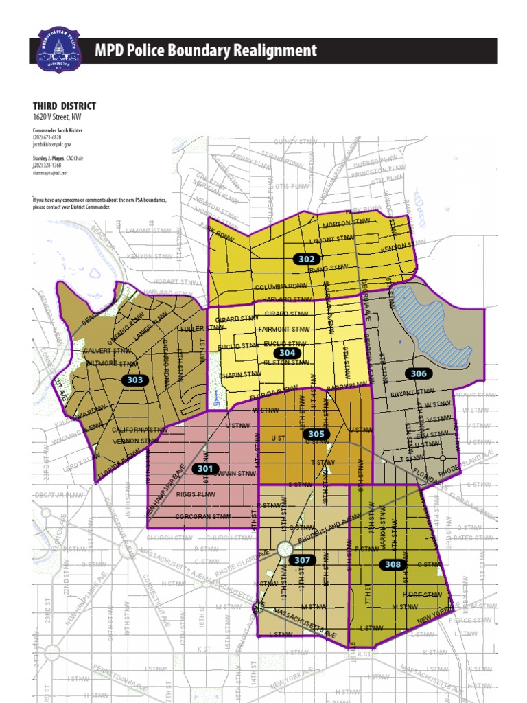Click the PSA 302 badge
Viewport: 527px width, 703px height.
click(307, 259)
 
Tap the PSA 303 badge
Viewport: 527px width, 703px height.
click(135, 380)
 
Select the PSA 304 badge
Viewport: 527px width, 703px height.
click(288, 353)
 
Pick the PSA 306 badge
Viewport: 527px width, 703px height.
click(418, 373)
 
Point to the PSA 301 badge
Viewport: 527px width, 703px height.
click(205, 468)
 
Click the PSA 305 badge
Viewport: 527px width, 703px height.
click(316, 434)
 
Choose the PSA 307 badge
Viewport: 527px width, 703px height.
click(303, 560)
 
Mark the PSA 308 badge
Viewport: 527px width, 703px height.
click(392, 564)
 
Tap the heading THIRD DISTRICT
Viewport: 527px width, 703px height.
click(65, 106)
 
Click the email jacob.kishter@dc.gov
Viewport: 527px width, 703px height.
click(51, 146)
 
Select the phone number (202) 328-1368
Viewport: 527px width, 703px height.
click(47, 165)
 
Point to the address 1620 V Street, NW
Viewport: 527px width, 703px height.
click(57, 117)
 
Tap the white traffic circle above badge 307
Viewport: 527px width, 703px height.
click(285, 548)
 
